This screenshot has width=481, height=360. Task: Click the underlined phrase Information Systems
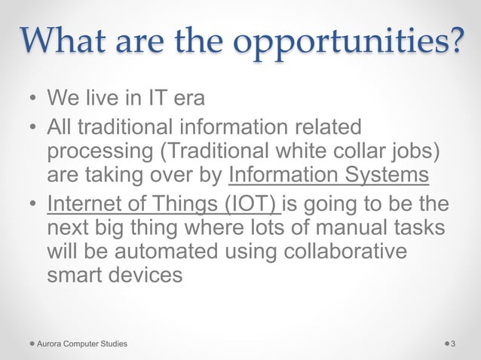[x=329, y=175]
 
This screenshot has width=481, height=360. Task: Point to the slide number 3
[x=453, y=343]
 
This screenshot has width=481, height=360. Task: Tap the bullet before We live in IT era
[x=33, y=99]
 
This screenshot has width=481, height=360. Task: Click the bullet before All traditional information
[x=33, y=127]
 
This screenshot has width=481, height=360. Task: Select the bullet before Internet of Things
[x=33, y=203]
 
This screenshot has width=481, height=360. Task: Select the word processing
[x=98, y=150]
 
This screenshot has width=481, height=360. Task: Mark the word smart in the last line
[x=72, y=273]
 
